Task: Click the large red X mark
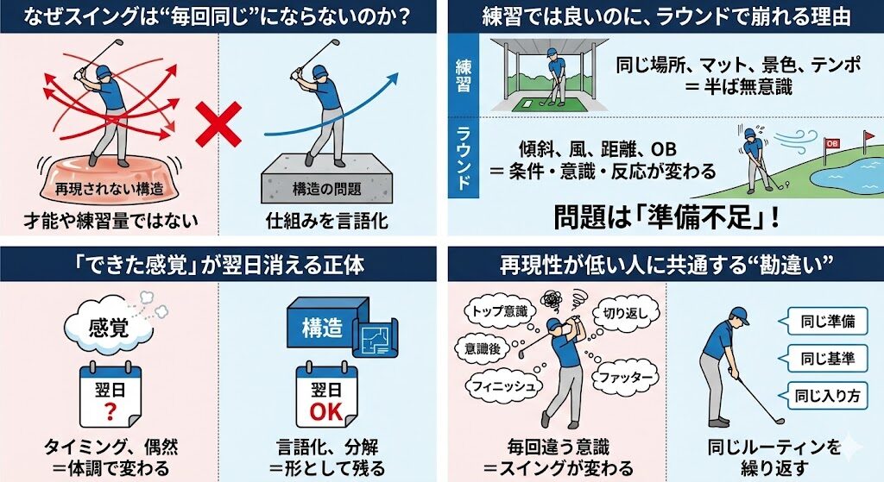[x=218, y=125]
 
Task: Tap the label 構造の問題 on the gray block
[x=327, y=189]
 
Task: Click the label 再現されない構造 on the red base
[x=109, y=189]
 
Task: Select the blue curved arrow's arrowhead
[x=392, y=79]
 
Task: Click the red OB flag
[x=831, y=143]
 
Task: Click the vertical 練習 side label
[x=463, y=76]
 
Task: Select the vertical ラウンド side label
[x=463, y=157]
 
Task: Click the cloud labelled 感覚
[x=109, y=327]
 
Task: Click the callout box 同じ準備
[x=827, y=322]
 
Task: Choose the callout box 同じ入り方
[x=827, y=396]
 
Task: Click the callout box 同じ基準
[x=827, y=358]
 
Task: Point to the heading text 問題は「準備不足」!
[x=666, y=217]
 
